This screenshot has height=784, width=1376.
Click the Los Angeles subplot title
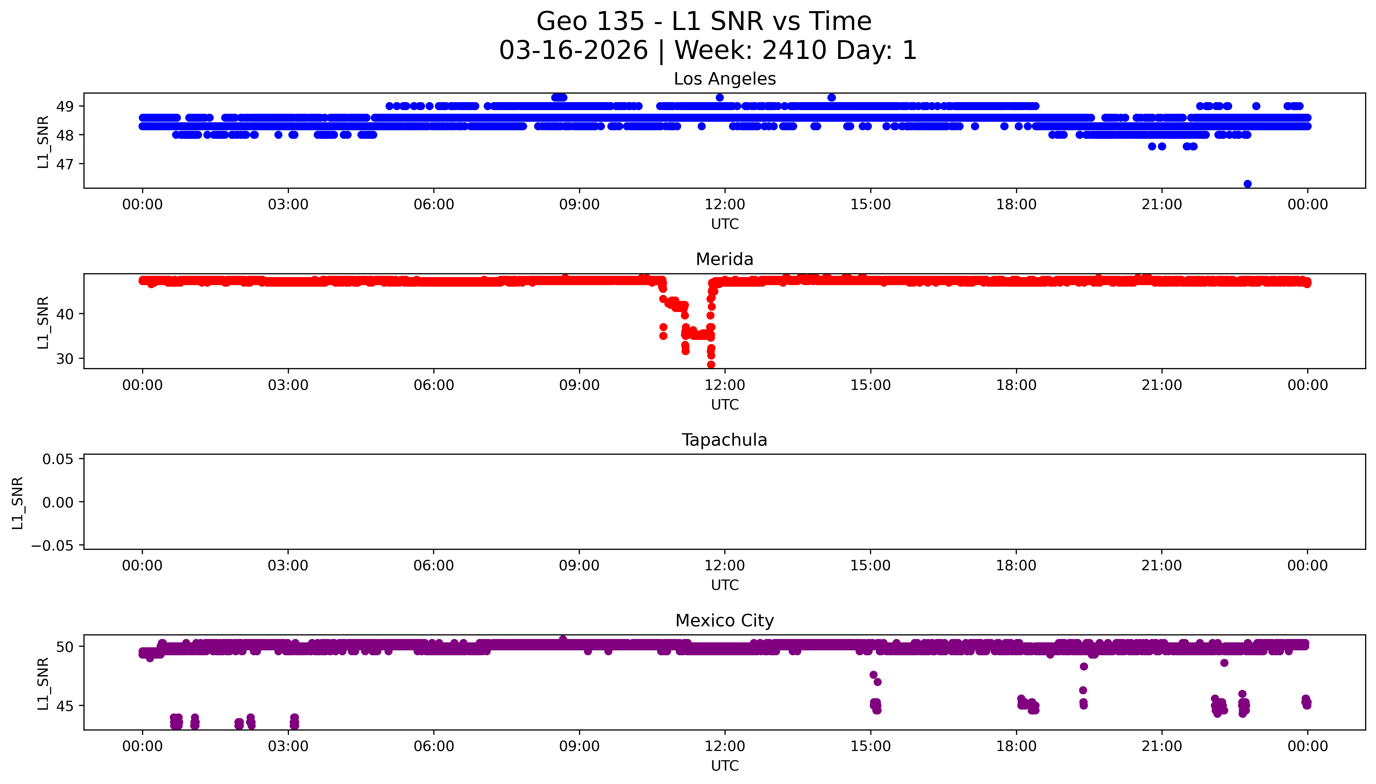tap(724, 79)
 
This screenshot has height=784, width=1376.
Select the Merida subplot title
tap(724, 260)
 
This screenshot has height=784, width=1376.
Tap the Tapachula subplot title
tap(724, 440)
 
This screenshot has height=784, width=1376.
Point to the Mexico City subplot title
tap(724, 621)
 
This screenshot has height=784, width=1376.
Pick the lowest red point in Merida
tap(711, 364)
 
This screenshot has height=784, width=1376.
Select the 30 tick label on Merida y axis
tap(65, 359)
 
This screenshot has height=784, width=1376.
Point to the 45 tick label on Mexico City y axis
tap(65, 706)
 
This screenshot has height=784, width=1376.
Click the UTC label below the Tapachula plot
tap(724, 585)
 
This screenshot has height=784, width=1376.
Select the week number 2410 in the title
tap(794, 51)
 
